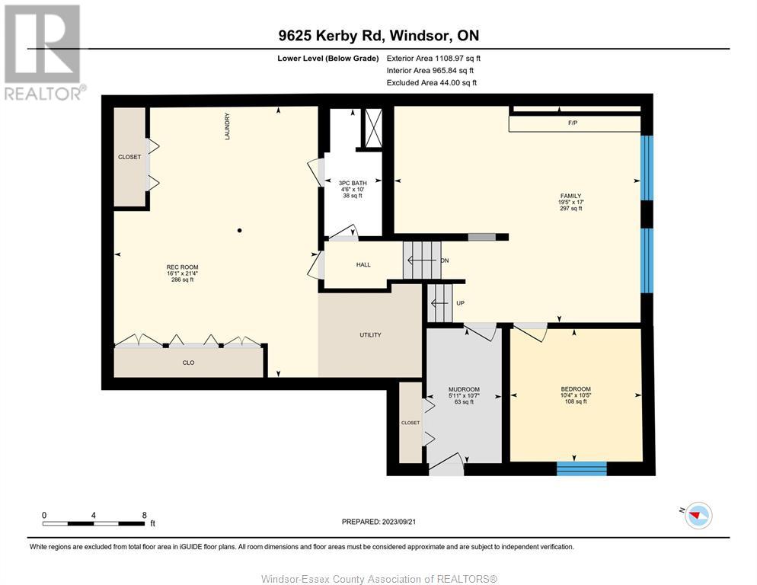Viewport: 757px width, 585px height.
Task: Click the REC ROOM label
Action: [x=182, y=267]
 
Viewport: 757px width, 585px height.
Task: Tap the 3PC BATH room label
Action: [x=353, y=183]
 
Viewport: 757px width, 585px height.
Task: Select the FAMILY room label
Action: [x=570, y=196]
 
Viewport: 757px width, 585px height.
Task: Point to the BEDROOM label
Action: [x=576, y=389]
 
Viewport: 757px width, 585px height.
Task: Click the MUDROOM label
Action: [x=464, y=389]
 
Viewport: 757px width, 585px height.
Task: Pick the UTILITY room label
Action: [x=370, y=334]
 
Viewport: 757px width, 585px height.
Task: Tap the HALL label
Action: [x=363, y=265]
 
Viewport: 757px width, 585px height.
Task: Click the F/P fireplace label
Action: [x=573, y=123]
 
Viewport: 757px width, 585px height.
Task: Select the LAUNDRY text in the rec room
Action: [x=227, y=126]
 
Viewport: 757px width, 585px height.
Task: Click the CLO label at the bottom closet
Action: [x=188, y=363]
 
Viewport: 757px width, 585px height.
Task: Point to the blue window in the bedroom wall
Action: [x=582, y=468]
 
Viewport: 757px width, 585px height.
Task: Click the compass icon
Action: [x=698, y=516]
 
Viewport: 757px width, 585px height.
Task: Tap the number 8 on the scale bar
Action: [x=145, y=516]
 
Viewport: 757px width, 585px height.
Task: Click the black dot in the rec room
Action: [x=239, y=231]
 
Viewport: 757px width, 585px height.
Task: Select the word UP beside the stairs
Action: [x=460, y=303]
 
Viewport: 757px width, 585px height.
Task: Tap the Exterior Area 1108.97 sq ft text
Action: [x=433, y=59]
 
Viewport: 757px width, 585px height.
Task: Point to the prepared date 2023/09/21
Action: [x=398, y=522]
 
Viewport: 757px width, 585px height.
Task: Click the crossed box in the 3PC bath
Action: [x=372, y=128]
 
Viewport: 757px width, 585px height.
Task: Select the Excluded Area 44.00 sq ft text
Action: [x=432, y=82]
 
